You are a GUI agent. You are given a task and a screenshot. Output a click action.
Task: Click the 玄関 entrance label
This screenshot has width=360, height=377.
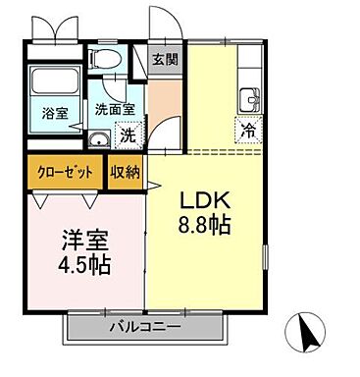164,59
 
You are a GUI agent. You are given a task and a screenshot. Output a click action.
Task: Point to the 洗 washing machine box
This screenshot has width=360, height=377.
129,135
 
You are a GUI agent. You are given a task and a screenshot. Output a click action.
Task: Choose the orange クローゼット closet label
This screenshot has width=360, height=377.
67,171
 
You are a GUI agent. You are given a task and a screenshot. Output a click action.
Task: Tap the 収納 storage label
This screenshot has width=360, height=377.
126,171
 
